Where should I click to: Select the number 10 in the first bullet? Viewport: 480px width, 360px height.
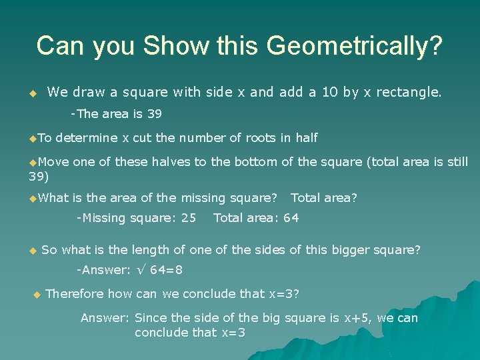328,92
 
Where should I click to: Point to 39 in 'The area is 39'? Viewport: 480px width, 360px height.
155,114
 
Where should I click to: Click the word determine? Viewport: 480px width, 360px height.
87,138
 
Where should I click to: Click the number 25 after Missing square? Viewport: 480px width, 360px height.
189,217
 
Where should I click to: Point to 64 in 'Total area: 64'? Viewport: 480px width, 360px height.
291,217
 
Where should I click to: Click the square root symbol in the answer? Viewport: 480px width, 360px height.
139,270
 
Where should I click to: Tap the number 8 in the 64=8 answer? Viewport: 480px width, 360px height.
179,270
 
